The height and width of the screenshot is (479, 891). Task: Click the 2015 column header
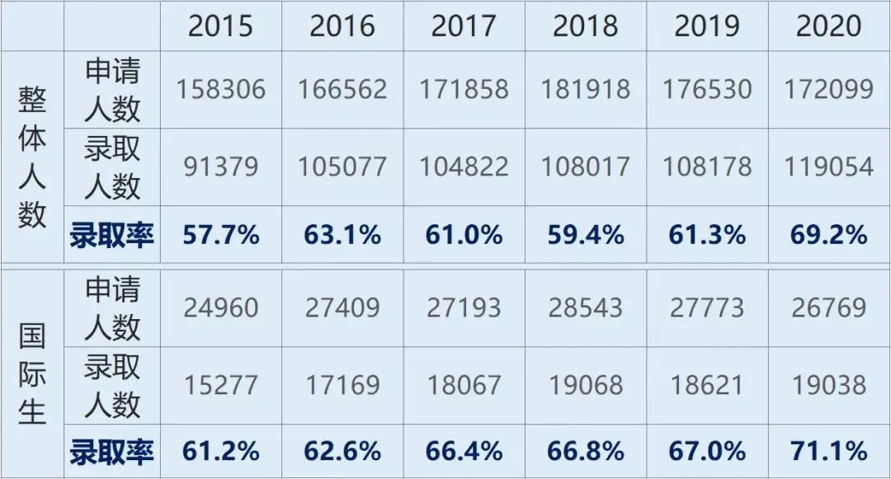pos(220,26)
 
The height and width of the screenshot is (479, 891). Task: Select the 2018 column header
pos(585,26)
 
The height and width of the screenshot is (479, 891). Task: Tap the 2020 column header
pos(828,26)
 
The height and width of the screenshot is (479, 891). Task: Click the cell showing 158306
pos(220,89)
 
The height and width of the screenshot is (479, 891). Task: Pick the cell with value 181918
pos(585,89)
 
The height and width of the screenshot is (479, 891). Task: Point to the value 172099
pos(828,89)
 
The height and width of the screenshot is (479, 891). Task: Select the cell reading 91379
pos(220,167)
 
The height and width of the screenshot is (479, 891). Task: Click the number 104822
pos(464,167)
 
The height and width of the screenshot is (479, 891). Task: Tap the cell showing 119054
pos(828,167)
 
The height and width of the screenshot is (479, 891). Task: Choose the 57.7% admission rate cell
pos(220,235)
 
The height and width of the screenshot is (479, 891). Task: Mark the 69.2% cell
pos(828,235)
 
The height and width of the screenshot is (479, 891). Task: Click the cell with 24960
pos(220,308)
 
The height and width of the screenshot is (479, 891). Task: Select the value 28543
pos(585,308)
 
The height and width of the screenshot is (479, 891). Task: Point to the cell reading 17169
pos(342,385)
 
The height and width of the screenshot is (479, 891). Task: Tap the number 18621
pos(707,385)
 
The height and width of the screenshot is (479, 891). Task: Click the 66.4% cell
pos(464,452)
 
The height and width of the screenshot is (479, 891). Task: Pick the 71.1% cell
pos(828,452)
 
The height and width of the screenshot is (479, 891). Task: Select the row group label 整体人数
pos(32,157)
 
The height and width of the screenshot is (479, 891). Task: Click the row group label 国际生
pos(32,374)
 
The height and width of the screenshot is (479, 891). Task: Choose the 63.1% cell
pos(342,235)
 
